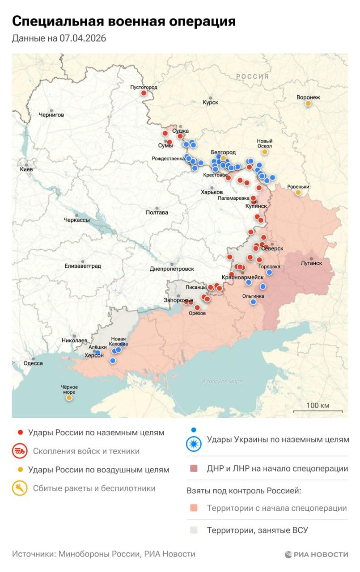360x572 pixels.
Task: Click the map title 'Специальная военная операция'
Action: tap(124, 21)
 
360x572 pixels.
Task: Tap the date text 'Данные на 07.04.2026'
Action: tap(59, 38)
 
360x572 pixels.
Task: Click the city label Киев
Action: tap(26, 170)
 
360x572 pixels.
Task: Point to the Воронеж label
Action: tap(308, 97)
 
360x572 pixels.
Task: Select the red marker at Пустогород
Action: tap(144, 93)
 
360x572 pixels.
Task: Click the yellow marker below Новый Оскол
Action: tap(264, 152)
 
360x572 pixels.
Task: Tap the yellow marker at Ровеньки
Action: tap(298, 193)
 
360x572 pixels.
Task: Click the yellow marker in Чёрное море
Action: tap(69, 398)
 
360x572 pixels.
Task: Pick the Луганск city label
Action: tap(311, 263)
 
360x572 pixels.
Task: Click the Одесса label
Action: tap(33, 363)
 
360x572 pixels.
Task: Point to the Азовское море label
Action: tap(222, 382)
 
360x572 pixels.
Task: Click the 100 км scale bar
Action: tap(318, 411)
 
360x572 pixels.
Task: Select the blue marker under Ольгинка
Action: tap(253, 302)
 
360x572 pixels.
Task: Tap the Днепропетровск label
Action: tap(172, 269)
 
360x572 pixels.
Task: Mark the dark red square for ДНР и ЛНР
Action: tap(194, 469)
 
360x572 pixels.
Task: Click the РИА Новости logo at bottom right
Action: tap(317, 554)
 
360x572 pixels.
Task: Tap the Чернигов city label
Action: tap(51, 115)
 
